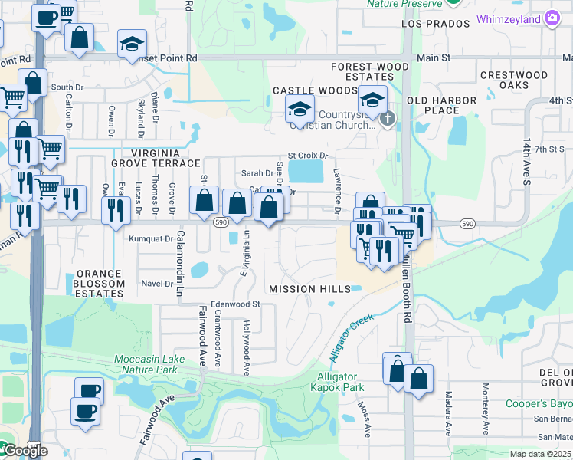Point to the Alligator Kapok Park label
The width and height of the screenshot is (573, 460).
[337, 382]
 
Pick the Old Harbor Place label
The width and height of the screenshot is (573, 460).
[433, 105]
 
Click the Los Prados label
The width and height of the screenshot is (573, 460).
[434, 24]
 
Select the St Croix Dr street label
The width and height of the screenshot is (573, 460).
[307, 156]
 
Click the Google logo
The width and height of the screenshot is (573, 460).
[25, 451]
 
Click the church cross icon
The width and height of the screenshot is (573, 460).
[388, 118]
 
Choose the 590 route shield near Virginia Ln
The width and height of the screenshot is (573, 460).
[221, 222]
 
